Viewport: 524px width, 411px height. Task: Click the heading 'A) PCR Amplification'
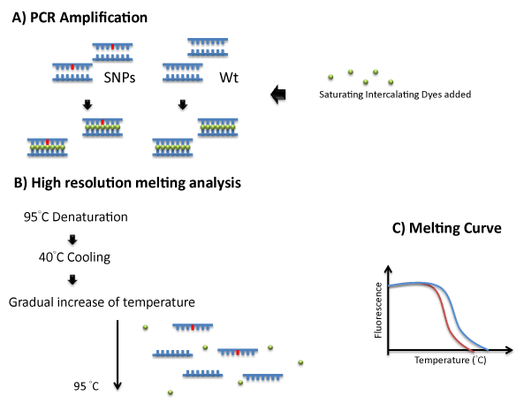pyautogui.click(x=80, y=18)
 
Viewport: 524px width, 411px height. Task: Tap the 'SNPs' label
pyautogui.click(x=119, y=78)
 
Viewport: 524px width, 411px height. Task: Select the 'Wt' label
pyautogui.click(x=229, y=78)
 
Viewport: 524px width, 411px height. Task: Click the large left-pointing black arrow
pyautogui.click(x=278, y=95)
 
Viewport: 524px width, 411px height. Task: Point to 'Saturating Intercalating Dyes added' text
pyautogui.click(x=395, y=95)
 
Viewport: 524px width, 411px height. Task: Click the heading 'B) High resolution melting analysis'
pyautogui.click(x=127, y=183)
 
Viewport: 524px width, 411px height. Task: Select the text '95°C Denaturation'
pyautogui.click(x=75, y=217)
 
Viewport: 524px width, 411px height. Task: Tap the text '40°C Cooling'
pyautogui.click(x=74, y=257)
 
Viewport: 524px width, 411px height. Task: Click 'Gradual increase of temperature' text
pyautogui.click(x=102, y=302)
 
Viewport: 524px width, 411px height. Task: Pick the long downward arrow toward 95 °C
pyautogui.click(x=118, y=354)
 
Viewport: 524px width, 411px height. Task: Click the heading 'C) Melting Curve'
pyautogui.click(x=447, y=228)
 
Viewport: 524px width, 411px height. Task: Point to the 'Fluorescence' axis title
pyautogui.click(x=378, y=310)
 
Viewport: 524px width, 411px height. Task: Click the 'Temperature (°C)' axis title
pyautogui.click(x=450, y=361)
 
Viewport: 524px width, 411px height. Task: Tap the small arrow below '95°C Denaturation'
pyautogui.click(x=72, y=240)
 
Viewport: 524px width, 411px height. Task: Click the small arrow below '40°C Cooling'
pyautogui.click(x=72, y=279)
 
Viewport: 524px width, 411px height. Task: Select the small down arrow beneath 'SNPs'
pyautogui.click(x=87, y=104)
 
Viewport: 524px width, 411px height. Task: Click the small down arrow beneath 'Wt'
pyautogui.click(x=182, y=104)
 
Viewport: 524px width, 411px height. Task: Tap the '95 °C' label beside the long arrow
pyautogui.click(x=87, y=386)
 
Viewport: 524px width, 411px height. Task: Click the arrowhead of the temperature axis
pyautogui.click(x=509, y=350)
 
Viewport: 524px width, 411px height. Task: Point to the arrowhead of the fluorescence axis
pyautogui.click(x=388, y=269)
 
